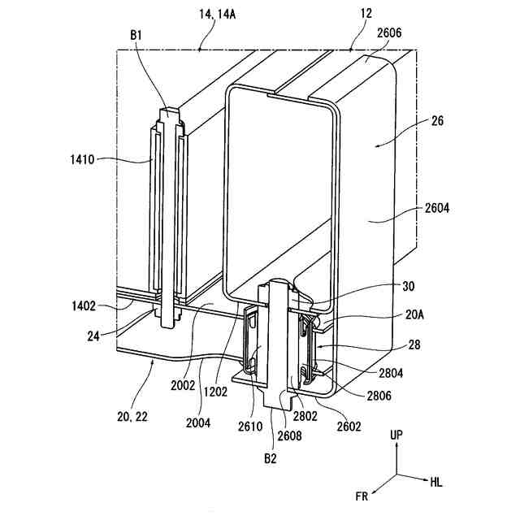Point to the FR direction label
362,495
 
